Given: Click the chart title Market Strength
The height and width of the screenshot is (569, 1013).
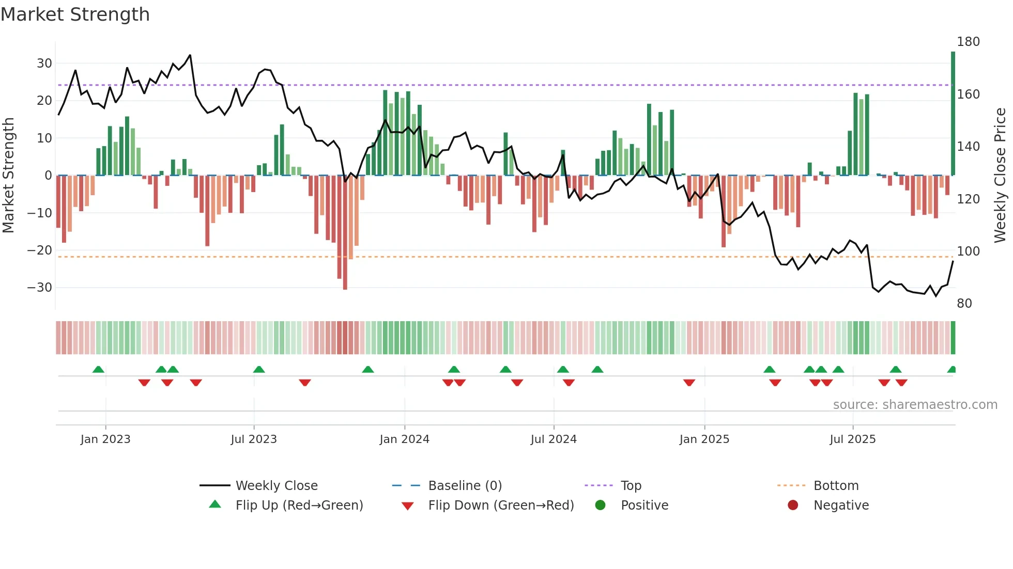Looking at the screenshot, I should pos(75,14).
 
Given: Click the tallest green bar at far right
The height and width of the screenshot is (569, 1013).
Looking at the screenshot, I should pos(953,114).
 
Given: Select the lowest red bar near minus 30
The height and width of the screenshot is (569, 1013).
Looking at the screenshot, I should pos(345,232).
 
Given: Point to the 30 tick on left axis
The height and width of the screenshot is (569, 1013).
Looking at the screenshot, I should pos(44,64).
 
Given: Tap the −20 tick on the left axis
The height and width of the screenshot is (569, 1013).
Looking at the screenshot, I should pos(40,250).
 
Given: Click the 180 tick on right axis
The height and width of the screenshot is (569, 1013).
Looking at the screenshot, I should pos(968,42).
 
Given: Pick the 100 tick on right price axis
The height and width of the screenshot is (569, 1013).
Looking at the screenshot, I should pos(968,251).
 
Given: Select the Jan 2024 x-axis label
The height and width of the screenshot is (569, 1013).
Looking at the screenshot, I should pos(404,439).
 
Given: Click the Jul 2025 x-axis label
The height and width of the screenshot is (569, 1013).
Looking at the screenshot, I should pos(853,439).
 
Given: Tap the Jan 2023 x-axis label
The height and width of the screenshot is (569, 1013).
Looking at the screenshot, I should pos(105,439).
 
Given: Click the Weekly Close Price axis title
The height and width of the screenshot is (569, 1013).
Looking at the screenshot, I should pos(1000,176).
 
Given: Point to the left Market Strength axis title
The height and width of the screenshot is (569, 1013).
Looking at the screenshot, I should pos(8,176).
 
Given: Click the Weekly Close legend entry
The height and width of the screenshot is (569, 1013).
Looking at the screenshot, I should pos(276,486).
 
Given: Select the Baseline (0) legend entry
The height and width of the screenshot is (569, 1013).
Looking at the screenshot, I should pos(465,486).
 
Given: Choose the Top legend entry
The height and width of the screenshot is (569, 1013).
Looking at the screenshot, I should pos(631,486).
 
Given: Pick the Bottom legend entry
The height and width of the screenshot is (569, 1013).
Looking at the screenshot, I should pos(836,486).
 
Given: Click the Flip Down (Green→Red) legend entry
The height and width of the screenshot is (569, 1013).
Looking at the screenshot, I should pos(500,505).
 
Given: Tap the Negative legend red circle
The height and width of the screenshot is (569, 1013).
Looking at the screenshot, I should pos(793,505).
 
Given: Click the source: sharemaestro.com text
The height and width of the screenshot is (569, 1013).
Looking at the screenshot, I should pos(915,405).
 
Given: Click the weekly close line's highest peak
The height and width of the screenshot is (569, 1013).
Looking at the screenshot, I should pos(190,55).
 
